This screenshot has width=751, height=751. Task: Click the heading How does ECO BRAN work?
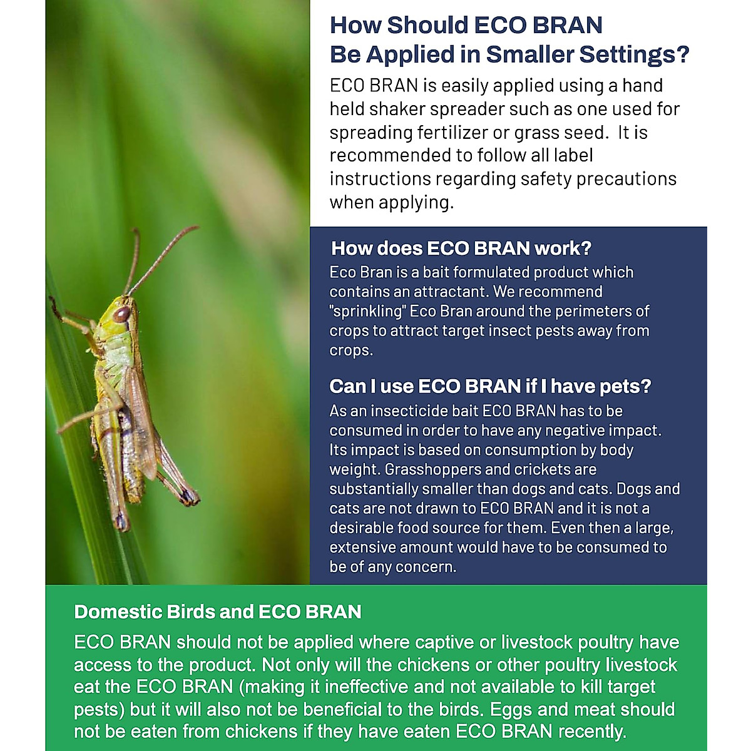461,248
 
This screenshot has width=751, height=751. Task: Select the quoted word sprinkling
365,311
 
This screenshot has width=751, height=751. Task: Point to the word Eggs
509,710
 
